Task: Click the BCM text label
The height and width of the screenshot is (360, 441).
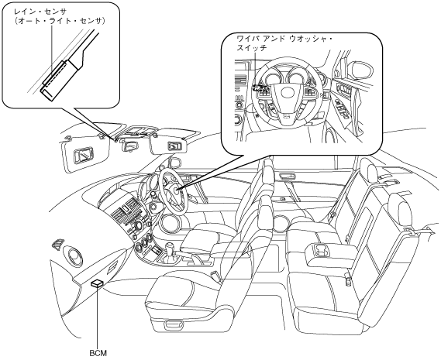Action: [x=98, y=353]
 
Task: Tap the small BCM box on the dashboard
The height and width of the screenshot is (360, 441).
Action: [x=97, y=283]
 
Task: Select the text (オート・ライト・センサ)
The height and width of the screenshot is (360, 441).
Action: [x=60, y=21]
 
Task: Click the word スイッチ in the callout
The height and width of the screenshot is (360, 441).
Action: [x=251, y=48]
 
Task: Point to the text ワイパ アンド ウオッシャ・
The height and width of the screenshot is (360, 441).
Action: [x=284, y=38]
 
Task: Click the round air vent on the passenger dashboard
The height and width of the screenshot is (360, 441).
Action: [x=75, y=256]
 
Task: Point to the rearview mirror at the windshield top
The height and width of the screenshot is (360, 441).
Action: [x=129, y=145]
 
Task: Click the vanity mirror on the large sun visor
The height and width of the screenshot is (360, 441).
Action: [x=83, y=156]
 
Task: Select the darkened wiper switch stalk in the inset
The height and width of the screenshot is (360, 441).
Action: [x=260, y=88]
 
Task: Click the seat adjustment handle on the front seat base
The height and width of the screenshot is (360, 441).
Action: [x=174, y=325]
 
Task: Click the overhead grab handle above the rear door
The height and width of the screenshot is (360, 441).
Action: [x=288, y=177]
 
